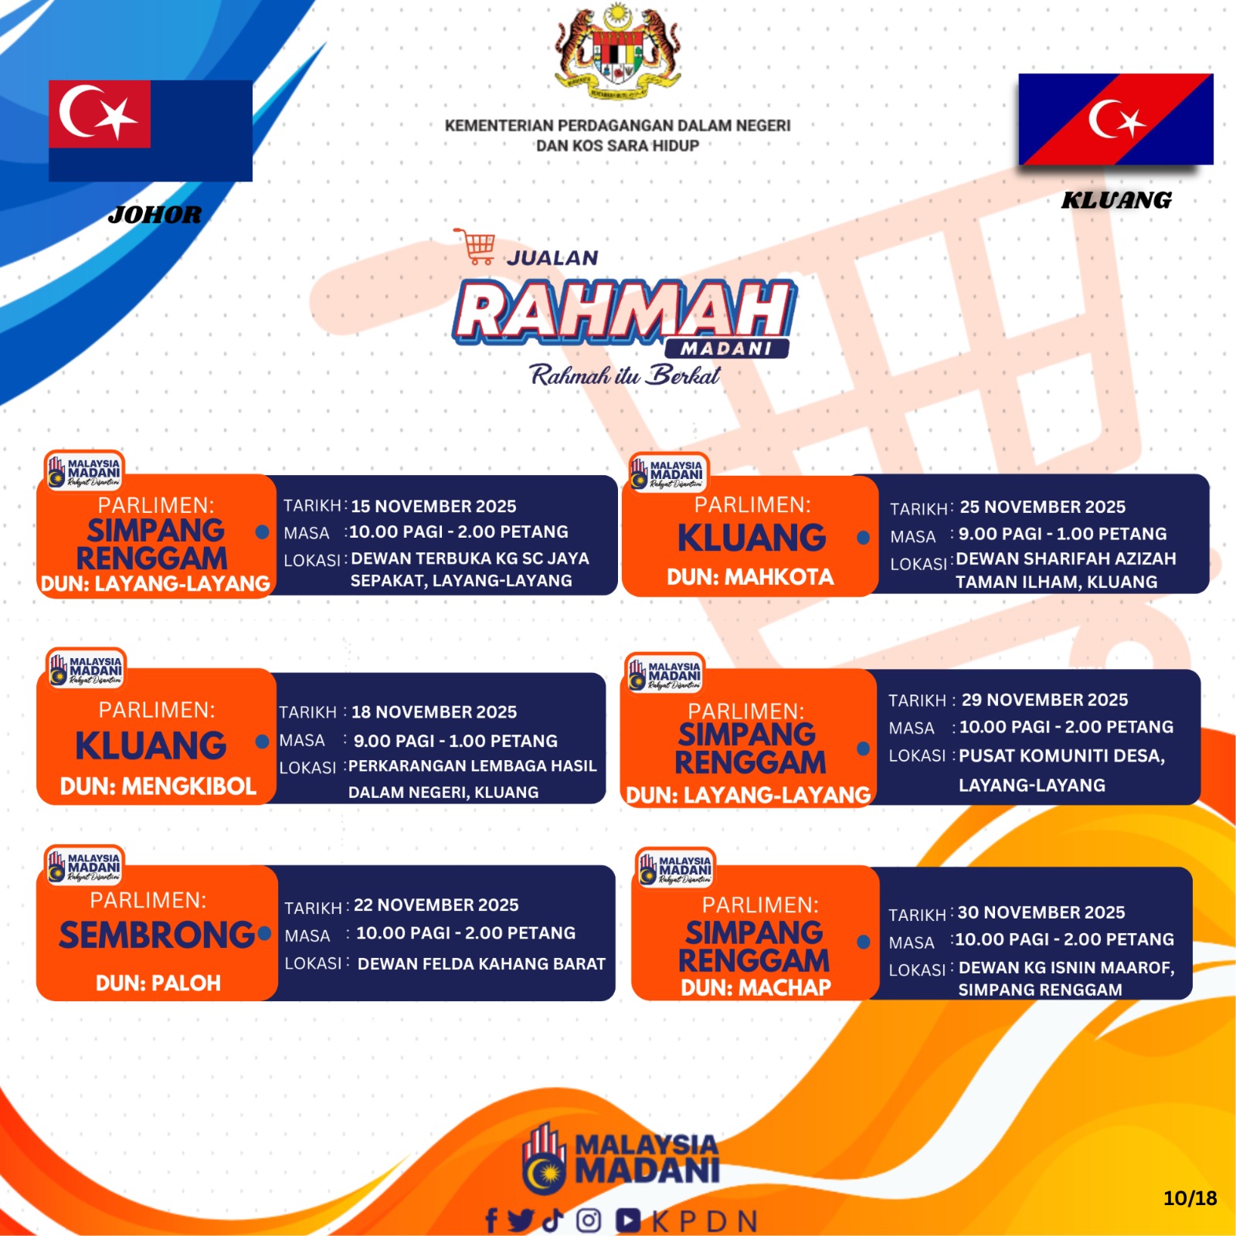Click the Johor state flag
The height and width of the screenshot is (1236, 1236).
(x=151, y=131)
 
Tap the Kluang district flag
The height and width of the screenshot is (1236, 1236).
(x=1115, y=119)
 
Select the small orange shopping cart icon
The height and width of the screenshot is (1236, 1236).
(x=474, y=246)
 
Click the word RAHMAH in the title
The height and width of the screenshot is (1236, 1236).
(x=624, y=311)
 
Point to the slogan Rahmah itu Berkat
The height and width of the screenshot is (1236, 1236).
(x=625, y=375)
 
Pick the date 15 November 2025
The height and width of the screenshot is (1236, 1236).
(x=433, y=506)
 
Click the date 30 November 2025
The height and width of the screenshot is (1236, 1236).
(x=1041, y=912)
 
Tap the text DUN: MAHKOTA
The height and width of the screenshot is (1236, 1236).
(x=750, y=577)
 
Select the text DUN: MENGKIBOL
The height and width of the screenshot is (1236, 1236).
(x=158, y=786)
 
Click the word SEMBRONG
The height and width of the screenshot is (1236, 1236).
(x=158, y=935)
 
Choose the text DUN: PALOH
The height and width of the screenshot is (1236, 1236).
(x=158, y=983)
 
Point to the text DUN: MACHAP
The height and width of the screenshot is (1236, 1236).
(x=756, y=987)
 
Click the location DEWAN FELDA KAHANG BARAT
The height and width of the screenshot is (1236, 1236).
(x=481, y=964)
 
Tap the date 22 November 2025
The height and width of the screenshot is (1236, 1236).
(x=436, y=905)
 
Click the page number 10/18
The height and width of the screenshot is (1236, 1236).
(x=1190, y=1198)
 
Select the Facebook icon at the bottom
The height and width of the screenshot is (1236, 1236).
(x=491, y=1221)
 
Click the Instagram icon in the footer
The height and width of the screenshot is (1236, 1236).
(x=589, y=1221)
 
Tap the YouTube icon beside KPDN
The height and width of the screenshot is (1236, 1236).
(x=628, y=1221)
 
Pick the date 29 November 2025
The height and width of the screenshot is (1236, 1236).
(x=1044, y=700)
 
